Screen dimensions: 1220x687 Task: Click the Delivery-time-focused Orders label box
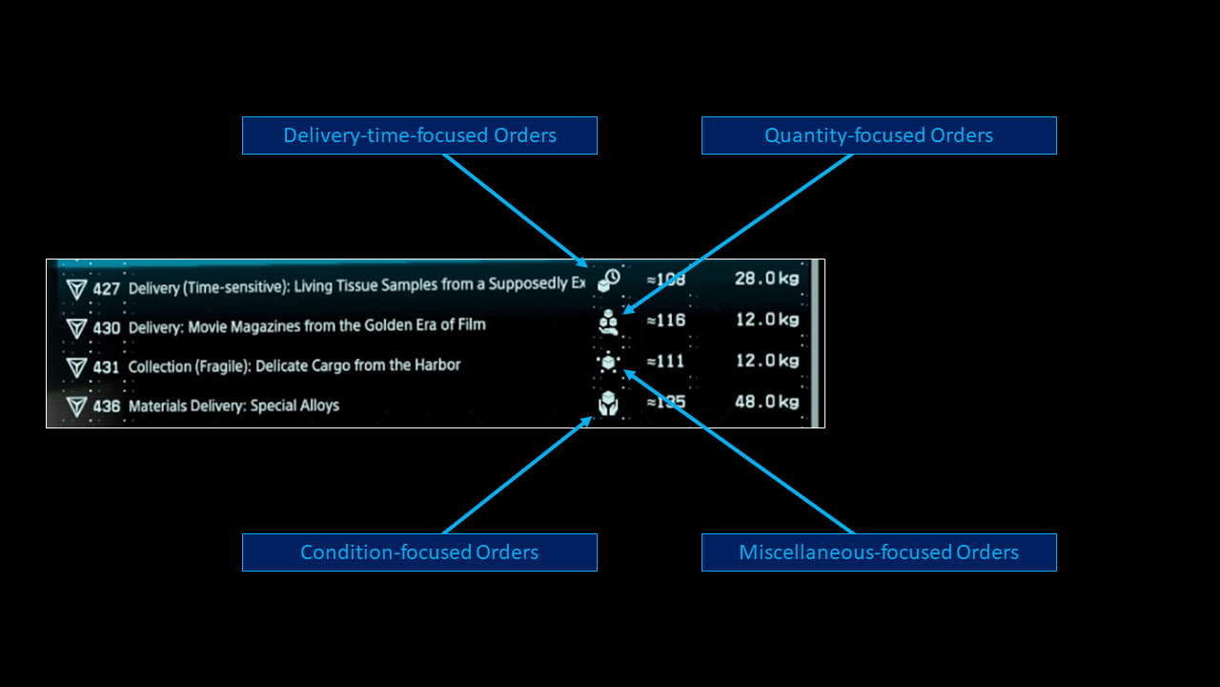pos(419,135)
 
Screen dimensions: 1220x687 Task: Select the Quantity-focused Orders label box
pos(879,135)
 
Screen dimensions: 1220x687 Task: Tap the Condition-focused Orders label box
pos(419,552)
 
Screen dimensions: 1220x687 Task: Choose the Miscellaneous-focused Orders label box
pos(879,552)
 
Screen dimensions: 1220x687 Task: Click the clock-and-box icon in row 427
pos(609,280)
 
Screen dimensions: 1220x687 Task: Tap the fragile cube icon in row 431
pos(609,364)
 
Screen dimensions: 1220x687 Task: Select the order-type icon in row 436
pos(608,404)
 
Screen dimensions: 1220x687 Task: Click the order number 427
pos(107,288)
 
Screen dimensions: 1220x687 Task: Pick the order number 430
pos(107,328)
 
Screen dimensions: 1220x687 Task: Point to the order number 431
pos(107,367)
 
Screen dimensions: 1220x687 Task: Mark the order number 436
pos(107,406)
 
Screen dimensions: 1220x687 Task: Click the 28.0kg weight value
pos(766,278)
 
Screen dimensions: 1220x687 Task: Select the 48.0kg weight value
pos(766,402)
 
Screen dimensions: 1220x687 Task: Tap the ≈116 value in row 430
pos(666,321)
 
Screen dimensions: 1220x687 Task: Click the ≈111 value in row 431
pos(666,362)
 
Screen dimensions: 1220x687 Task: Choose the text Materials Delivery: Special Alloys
pos(234,406)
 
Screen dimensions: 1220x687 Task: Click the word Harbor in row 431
pos(439,365)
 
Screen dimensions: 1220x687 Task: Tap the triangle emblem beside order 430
pos(77,329)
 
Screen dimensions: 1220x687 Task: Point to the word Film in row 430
pos(470,324)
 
